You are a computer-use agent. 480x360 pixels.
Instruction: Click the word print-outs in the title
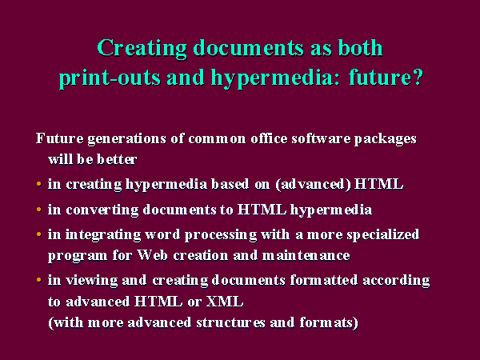(110, 78)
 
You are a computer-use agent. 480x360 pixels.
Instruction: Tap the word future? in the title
(386, 77)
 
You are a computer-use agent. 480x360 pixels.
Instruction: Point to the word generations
(126, 139)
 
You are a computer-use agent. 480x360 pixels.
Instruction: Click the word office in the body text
(269, 138)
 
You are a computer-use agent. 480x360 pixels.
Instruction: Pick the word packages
(385, 139)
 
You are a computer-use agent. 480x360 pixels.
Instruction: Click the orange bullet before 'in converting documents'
(39, 210)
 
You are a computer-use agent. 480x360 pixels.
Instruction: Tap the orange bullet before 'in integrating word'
(39, 234)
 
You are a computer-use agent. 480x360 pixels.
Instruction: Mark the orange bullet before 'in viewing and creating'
(39, 280)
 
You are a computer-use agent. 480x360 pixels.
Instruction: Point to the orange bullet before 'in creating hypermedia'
(39, 184)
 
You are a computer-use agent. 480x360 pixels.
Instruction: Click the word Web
(153, 255)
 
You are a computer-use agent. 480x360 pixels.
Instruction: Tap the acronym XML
(225, 302)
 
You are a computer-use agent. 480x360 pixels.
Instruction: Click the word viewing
(92, 281)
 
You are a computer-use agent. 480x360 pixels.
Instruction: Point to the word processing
(221, 235)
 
